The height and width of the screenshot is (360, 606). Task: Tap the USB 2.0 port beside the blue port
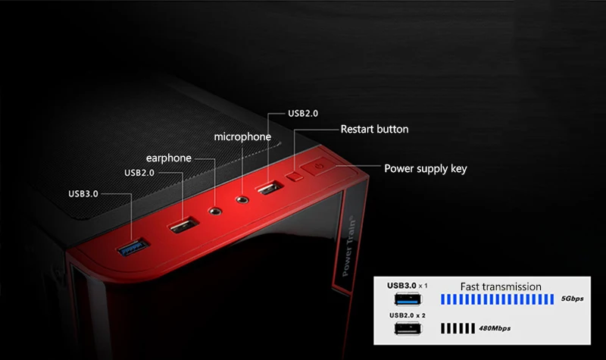(x=180, y=224)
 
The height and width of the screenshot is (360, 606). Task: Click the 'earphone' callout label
(x=169, y=158)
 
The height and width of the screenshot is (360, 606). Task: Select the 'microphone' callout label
(x=242, y=137)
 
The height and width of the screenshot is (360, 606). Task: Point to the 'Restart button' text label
(x=374, y=129)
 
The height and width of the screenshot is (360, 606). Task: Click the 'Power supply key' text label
(x=426, y=168)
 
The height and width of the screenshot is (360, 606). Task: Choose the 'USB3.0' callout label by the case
(x=83, y=193)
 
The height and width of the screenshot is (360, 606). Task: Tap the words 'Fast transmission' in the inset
(x=501, y=286)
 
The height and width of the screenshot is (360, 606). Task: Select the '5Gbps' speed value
(x=573, y=299)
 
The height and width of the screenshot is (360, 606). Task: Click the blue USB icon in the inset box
(x=408, y=299)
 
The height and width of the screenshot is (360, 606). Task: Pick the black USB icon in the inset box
(x=408, y=329)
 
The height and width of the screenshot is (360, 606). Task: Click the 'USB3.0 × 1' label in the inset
(x=408, y=286)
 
